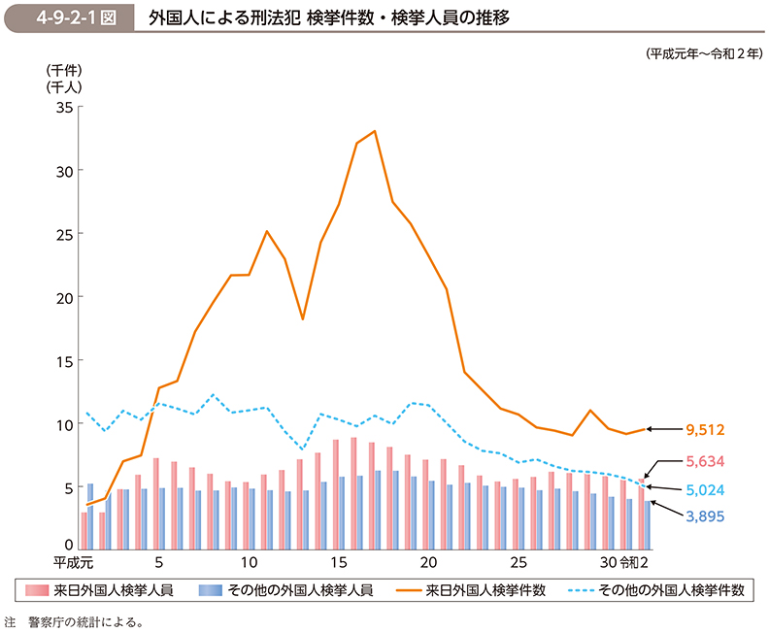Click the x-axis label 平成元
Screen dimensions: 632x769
pos(72,562)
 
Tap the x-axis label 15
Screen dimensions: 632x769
pos(338,562)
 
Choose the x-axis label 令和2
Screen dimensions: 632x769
pos(633,562)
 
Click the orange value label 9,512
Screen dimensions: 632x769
pos(705,429)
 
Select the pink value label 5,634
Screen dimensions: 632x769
pos(705,461)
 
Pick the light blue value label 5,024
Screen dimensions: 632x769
pos(705,490)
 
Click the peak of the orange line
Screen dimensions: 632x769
pos(375,131)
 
